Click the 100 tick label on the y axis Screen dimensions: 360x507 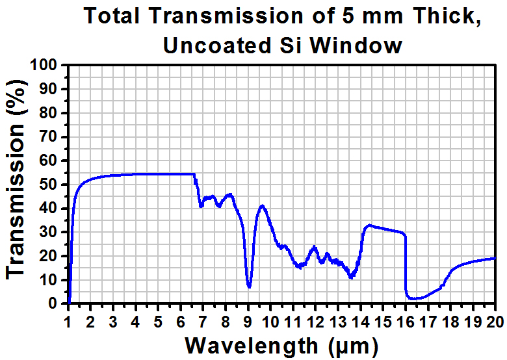45,65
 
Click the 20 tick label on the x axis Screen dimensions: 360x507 495,320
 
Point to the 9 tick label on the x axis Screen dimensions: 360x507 248,320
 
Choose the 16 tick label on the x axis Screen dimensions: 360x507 405,320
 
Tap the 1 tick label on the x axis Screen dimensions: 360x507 68,320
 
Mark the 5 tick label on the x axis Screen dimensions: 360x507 158,320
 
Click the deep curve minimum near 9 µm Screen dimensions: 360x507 249,287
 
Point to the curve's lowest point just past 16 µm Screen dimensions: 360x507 413,299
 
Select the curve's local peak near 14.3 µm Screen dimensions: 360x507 369,225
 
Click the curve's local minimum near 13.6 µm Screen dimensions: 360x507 351,277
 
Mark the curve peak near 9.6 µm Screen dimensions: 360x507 262,205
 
